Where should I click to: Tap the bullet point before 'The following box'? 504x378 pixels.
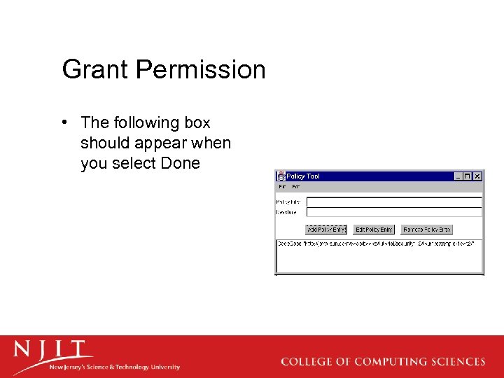64,122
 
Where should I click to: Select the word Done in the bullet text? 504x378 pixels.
181,163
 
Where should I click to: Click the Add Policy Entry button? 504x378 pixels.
326,230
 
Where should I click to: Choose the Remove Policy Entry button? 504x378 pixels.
427,230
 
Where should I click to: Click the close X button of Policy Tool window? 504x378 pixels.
477,176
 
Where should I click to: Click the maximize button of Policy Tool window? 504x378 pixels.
468,176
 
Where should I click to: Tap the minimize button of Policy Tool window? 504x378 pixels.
459,176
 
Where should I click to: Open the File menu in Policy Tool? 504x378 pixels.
282,187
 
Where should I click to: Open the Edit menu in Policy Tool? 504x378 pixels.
295,187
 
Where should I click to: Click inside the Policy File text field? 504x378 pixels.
394,202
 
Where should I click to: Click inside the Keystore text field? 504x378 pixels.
394,211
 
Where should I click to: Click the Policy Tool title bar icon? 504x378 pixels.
281,176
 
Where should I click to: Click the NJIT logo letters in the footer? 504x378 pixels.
52,350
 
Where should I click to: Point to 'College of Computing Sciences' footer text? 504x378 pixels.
383,362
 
